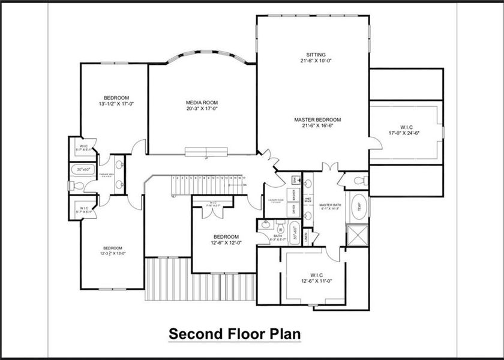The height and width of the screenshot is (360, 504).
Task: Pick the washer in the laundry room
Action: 294,195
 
